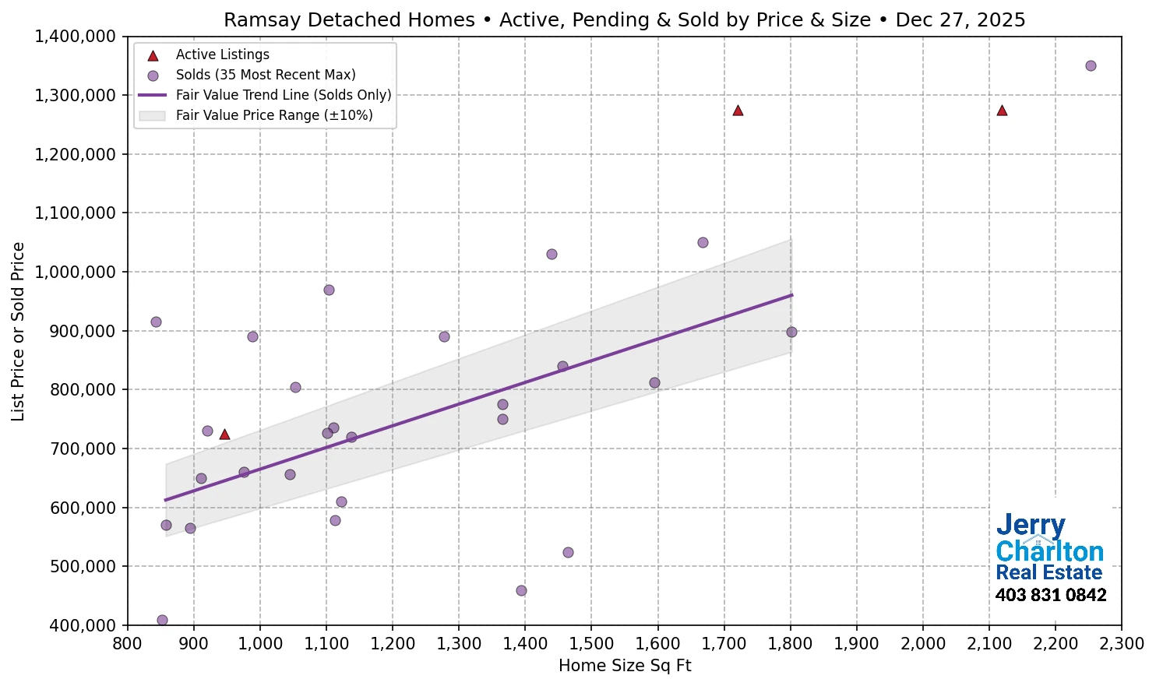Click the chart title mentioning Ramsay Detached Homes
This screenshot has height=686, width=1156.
(x=624, y=19)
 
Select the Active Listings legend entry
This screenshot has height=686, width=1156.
(x=222, y=55)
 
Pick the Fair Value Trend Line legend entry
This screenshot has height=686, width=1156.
(x=284, y=95)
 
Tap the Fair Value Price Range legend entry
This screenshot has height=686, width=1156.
(x=274, y=115)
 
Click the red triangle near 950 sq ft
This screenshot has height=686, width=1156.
(x=224, y=434)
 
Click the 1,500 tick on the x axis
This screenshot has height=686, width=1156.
(x=591, y=644)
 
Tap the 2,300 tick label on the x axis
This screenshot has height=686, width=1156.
(x=1121, y=644)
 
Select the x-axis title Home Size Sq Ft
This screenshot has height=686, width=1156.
(x=625, y=666)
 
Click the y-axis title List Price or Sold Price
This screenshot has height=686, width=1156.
(x=19, y=332)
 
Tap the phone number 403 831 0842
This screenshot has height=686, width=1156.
(x=1051, y=596)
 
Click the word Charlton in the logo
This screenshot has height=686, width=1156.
(x=1049, y=551)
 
